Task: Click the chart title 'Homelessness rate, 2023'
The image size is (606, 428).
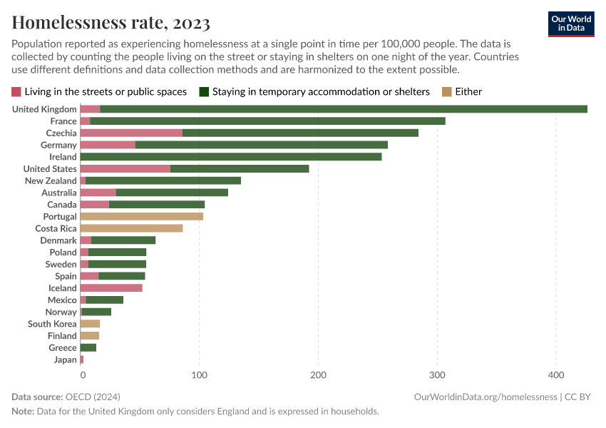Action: pyautogui.click(x=111, y=22)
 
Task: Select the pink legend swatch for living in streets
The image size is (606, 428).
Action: pyautogui.click(x=16, y=91)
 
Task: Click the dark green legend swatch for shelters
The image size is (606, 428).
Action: pyautogui.click(x=204, y=91)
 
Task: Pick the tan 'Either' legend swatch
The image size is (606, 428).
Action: pyautogui.click(x=446, y=91)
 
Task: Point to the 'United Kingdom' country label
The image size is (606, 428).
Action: pyautogui.click(x=44, y=109)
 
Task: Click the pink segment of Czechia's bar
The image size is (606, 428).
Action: pyautogui.click(x=131, y=133)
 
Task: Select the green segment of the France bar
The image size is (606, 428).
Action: pyautogui.click(x=267, y=121)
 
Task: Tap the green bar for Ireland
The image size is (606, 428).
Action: pyautogui.click(x=231, y=157)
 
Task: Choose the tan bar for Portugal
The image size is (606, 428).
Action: pyautogui.click(x=141, y=216)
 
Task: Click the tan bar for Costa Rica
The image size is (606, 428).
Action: pyautogui.click(x=131, y=228)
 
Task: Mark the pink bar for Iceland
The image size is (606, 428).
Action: pyautogui.click(x=111, y=288)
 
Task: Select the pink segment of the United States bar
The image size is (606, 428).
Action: pyautogui.click(x=125, y=168)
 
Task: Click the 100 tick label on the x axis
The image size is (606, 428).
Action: pyautogui.click(x=200, y=374)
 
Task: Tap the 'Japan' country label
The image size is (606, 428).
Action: pyautogui.click(x=65, y=360)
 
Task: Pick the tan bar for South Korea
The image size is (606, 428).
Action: pyautogui.click(x=90, y=324)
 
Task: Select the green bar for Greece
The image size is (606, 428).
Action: pyautogui.click(x=88, y=347)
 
